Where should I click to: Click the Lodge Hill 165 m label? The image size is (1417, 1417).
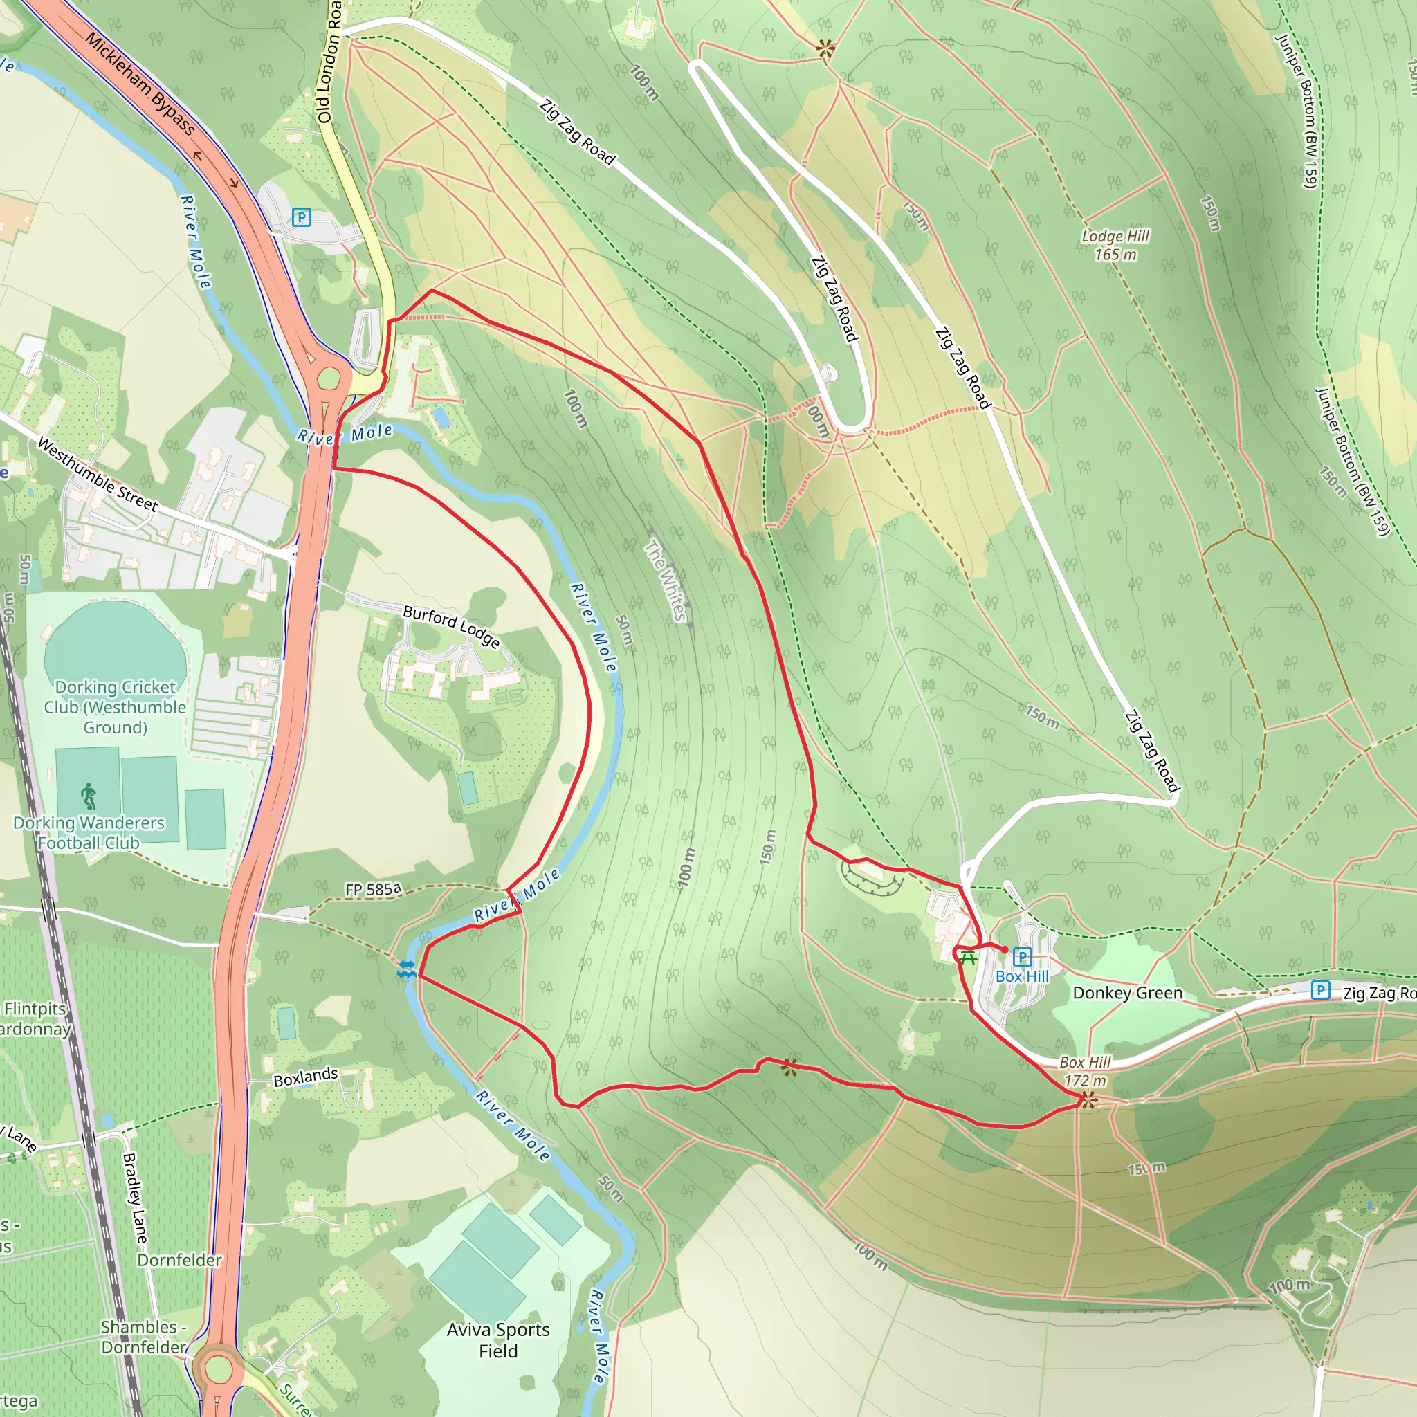click(1115, 245)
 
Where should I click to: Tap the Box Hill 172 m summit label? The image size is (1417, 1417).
click(1085, 1071)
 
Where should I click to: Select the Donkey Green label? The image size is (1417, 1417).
click(1127, 993)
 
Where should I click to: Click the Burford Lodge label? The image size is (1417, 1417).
click(452, 627)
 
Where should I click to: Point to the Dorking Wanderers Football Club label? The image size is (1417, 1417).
click(89, 833)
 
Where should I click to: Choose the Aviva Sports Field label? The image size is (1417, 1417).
click(498, 1340)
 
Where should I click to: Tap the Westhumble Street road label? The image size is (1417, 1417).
click(97, 475)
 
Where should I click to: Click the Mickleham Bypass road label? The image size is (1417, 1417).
click(140, 84)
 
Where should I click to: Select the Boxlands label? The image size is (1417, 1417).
click(305, 1077)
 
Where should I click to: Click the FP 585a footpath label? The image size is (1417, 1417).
click(374, 890)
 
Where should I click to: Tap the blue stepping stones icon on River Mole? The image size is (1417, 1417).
click(405, 969)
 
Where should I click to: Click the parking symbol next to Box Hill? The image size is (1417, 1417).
click(1022, 956)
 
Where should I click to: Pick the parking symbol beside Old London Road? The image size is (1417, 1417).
click(301, 217)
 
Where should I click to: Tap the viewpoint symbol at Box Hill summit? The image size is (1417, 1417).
click(1088, 1100)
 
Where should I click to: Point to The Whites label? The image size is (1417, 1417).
click(667, 580)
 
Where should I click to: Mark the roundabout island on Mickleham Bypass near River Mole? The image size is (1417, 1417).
click(329, 379)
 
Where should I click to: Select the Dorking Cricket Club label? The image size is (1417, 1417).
click(115, 707)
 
